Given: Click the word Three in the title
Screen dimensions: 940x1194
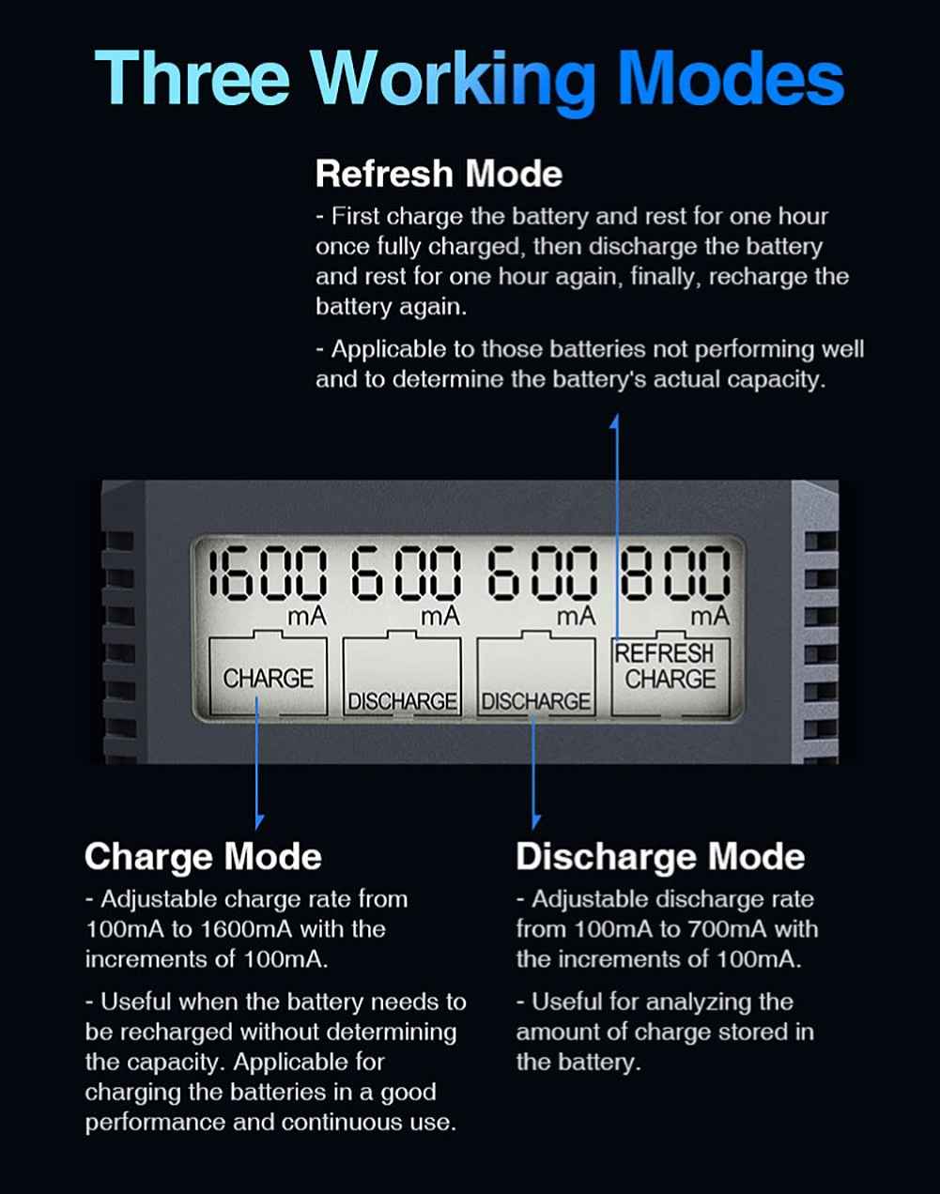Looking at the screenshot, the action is [x=193, y=78].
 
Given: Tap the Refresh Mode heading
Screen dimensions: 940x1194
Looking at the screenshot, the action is [x=439, y=174].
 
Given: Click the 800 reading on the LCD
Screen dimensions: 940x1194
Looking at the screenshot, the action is [x=674, y=573].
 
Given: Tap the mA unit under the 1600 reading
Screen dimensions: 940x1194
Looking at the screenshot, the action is [x=306, y=617].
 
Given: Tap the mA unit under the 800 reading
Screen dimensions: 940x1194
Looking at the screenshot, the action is [x=710, y=617].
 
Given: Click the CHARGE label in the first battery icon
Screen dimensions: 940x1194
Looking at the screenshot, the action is [x=269, y=679].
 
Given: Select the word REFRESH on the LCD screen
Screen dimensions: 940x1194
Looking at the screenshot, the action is [x=664, y=653].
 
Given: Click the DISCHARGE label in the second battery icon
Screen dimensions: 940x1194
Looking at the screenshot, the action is [x=402, y=702].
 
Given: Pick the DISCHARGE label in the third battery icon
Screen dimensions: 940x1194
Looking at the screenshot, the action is [x=536, y=702].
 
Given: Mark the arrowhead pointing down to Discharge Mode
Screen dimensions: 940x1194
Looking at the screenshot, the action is [x=534, y=821].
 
